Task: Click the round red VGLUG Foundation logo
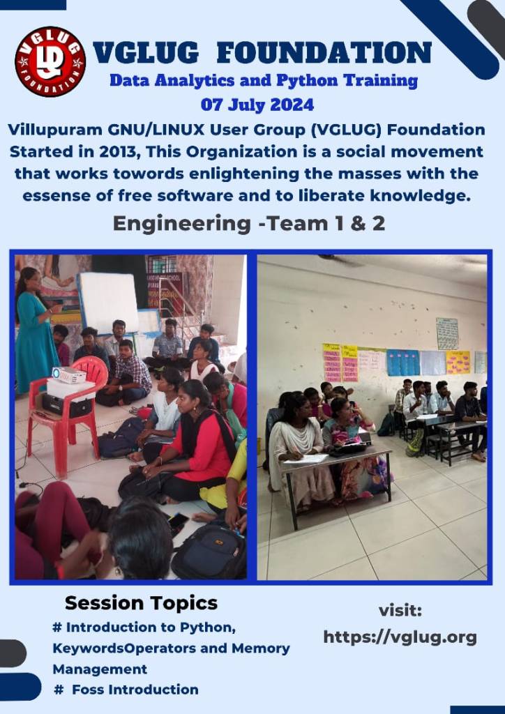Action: pos(50,61)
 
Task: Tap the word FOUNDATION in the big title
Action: pos(324,52)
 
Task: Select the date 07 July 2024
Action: pos(257,105)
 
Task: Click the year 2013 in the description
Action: pos(119,151)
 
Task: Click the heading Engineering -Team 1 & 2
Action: pos(249,224)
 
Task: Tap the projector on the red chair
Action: pos(69,374)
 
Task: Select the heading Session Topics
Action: pos(141,603)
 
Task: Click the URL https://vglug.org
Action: pos(400,637)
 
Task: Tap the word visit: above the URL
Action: pos(400,611)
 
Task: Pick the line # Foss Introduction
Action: pos(126,690)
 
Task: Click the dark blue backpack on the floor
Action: pos(209,550)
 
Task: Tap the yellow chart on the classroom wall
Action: pos(458,363)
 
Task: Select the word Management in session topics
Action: pos(100,669)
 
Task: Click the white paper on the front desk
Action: pos(306,459)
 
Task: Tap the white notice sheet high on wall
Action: pos(447,334)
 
